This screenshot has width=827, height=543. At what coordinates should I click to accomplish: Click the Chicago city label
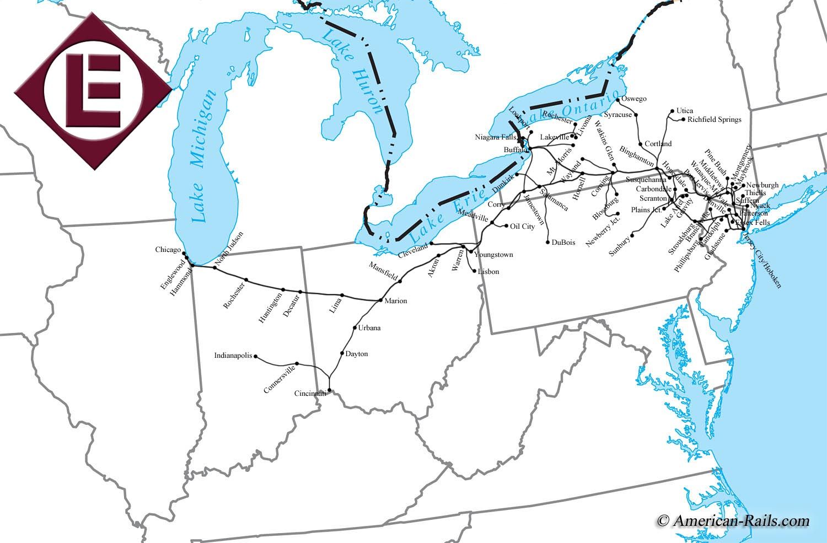coord(168,250)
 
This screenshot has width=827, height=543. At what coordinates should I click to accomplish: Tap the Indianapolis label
coord(233,356)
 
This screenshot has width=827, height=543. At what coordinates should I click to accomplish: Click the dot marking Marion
coord(380,300)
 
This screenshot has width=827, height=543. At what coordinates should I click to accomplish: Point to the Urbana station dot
coord(355,328)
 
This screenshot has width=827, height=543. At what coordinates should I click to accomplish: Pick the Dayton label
coord(356,354)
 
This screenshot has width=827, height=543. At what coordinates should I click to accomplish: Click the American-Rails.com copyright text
coord(733,520)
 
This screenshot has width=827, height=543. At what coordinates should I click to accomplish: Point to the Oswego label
coord(633,99)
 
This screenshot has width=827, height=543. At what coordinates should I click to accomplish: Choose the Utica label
coord(684,111)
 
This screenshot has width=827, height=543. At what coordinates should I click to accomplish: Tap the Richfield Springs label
coord(714,119)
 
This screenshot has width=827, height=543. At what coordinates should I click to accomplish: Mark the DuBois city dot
coord(547,242)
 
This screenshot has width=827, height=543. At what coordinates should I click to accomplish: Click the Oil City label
coord(522,226)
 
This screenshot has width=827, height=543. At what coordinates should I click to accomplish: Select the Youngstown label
coord(493,255)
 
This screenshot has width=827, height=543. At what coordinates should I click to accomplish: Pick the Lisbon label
coord(488,271)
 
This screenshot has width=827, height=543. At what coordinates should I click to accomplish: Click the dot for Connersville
coord(297,363)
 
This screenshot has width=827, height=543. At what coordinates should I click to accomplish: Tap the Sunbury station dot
coord(633,235)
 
